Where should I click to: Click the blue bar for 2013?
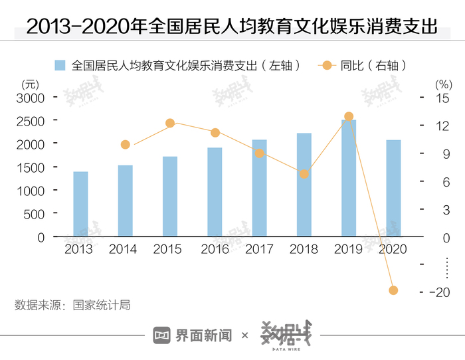pyautogui.click(x=80, y=204)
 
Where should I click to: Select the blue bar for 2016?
pyautogui.click(x=215, y=192)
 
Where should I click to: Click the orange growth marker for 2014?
pyautogui.click(x=126, y=145)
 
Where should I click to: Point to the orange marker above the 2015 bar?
pyautogui.click(x=170, y=123)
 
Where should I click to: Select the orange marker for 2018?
pyautogui.click(x=304, y=174)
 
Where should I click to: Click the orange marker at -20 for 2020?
pyautogui.click(x=393, y=290)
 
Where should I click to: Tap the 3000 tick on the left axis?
pyautogui.click(x=31, y=98)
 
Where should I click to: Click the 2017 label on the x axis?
pyautogui.click(x=259, y=250)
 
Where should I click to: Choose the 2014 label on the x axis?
pyautogui.click(x=123, y=250)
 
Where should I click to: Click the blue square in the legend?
pyautogui.click(x=60, y=65)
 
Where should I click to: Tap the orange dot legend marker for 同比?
pyautogui.click(x=327, y=65)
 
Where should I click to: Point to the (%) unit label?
pyautogui.click(x=442, y=84)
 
